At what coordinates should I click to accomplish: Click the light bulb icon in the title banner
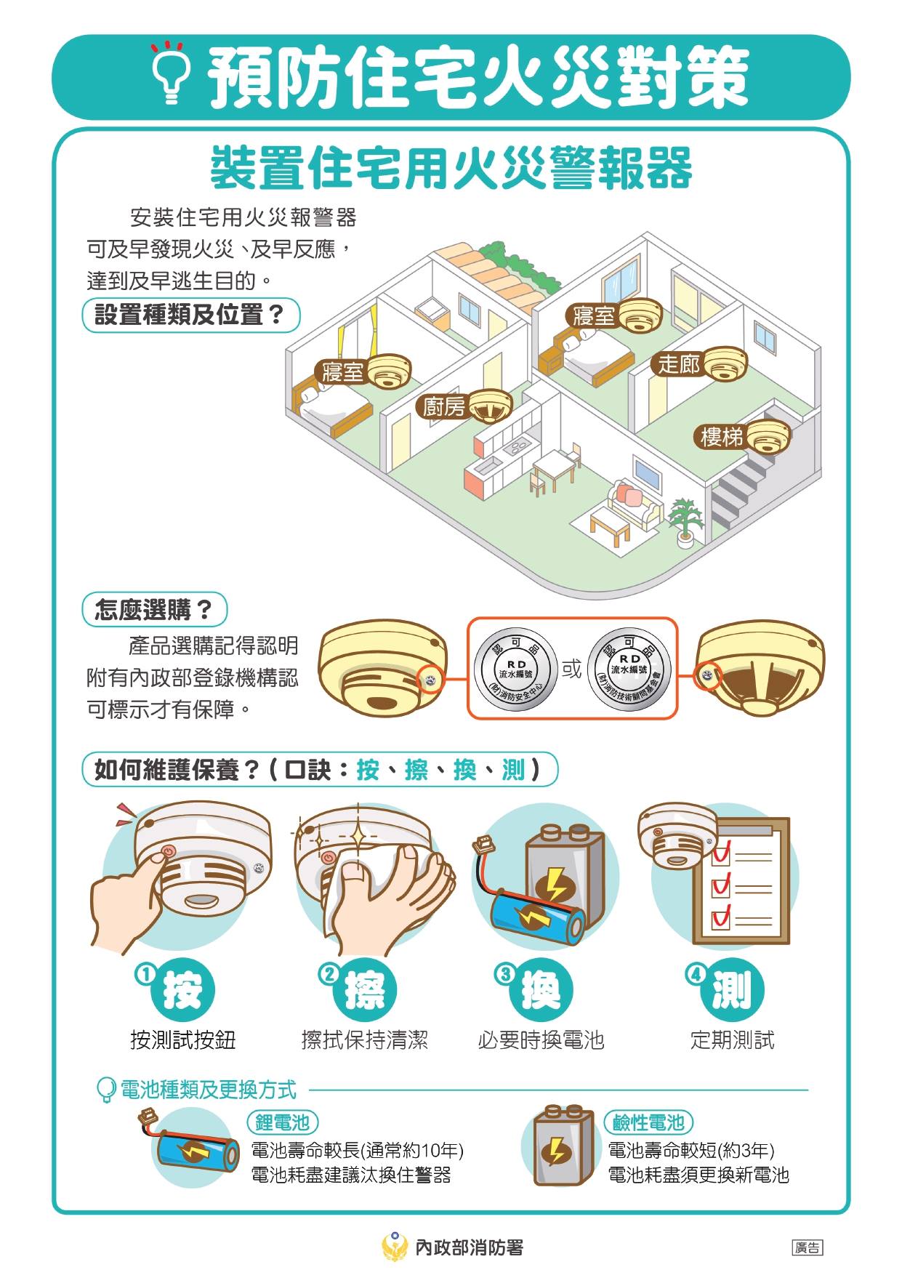point(172,73)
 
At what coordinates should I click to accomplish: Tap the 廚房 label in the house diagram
point(444,407)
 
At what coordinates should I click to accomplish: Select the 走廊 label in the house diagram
point(679,363)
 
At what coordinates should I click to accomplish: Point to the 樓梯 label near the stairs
point(722,437)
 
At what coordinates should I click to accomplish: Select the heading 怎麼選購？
point(154,610)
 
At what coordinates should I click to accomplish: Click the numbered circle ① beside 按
point(146,974)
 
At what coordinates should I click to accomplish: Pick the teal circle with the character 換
point(541,990)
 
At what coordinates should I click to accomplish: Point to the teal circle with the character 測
point(731,990)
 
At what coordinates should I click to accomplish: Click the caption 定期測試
point(732,1040)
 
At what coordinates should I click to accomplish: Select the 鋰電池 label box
point(283,1122)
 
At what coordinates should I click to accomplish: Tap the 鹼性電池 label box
point(648,1122)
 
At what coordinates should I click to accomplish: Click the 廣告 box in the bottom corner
point(808,1248)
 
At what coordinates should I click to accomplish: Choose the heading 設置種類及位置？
point(190,315)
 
